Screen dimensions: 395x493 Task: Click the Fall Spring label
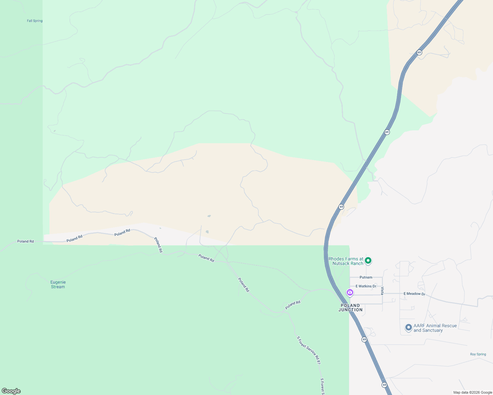tap(35, 21)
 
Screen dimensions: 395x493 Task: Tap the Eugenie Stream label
tap(58, 284)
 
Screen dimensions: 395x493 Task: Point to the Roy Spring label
tap(478, 354)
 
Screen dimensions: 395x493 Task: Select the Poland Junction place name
tap(350, 307)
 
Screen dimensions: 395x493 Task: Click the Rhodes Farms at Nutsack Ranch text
tap(346, 261)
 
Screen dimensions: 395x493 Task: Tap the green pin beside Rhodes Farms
tap(368, 261)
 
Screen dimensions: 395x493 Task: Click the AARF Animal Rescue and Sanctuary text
tap(435, 328)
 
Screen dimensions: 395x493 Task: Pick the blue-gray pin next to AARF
tap(409, 327)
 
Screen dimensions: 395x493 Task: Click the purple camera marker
tap(350, 292)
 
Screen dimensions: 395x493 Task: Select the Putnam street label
tap(366, 277)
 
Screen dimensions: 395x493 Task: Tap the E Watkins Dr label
tap(366, 286)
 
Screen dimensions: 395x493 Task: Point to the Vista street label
tap(382, 291)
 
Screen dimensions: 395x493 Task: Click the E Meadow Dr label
tap(414, 294)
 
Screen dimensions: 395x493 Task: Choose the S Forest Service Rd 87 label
tap(308, 350)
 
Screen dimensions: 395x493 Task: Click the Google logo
tap(11, 391)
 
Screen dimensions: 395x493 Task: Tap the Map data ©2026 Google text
tap(473, 392)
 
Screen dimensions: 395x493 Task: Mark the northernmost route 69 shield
tap(419, 52)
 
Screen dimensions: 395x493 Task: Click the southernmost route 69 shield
tap(384, 385)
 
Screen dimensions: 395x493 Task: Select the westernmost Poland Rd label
tap(25, 241)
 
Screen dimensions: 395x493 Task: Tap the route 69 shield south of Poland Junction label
tap(364, 339)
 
